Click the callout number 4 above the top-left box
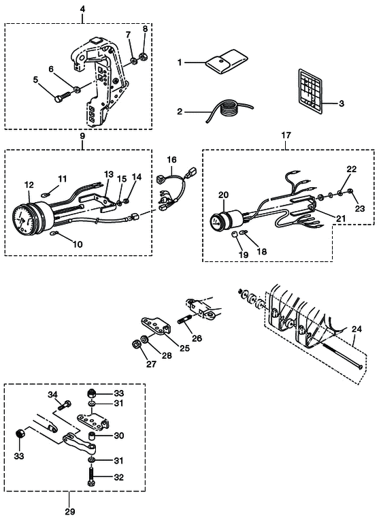pos(82,10)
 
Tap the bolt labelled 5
pos(63,97)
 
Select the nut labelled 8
pos(144,56)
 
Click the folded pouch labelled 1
pos(227,62)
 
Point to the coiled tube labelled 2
pos(228,110)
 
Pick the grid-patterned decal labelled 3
pos(310,89)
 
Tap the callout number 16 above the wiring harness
pos(171,160)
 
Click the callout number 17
pos(286,135)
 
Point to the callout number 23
pos(360,208)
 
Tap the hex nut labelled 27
pos(136,344)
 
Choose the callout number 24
pos(357,329)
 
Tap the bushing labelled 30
pos(92,436)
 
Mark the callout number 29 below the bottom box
pos(70,511)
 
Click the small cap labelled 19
pos(234,235)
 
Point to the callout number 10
pos(78,244)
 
